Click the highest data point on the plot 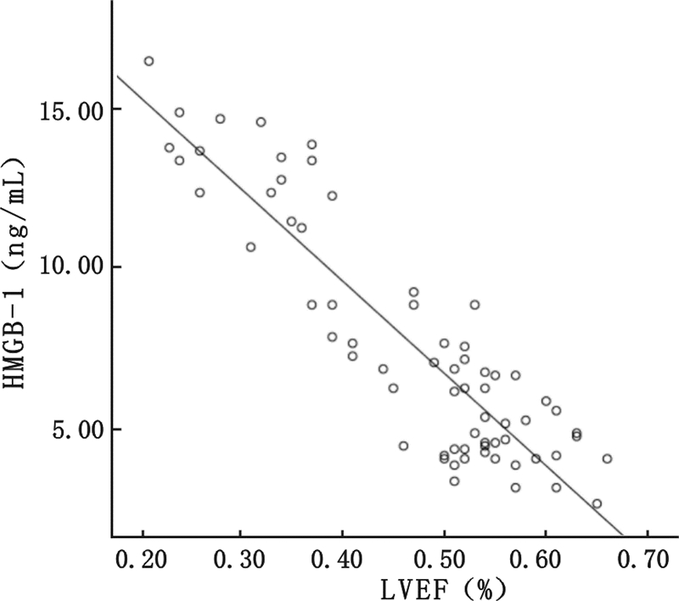[x=149, y=61]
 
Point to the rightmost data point [x=607, y=458]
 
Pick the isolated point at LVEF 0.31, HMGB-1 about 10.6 [x=250, y=247]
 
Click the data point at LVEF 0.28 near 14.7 [x=220, y=119]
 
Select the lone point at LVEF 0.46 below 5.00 [x=403, y=446]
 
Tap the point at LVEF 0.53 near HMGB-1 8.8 [x=474, y=305]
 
